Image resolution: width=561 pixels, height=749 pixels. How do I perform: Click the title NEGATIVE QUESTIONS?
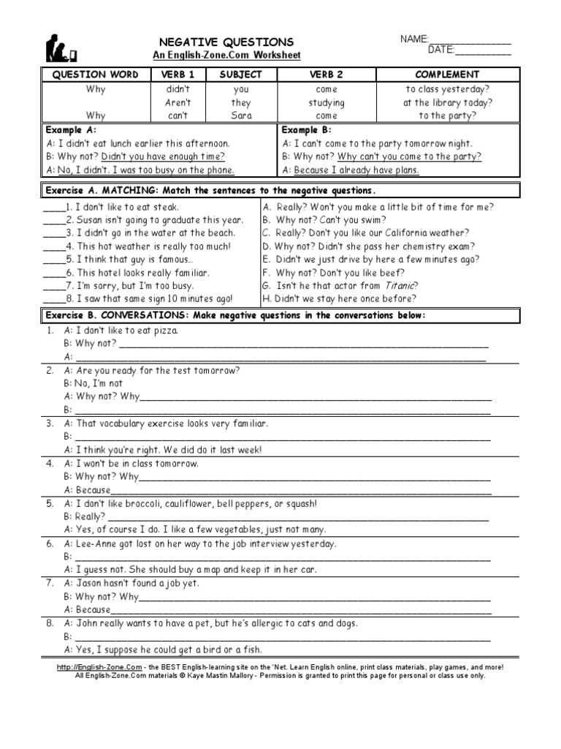click(226, 42)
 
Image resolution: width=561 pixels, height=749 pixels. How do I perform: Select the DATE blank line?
click(483, 52)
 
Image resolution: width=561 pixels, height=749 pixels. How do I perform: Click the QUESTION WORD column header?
click(95, 75)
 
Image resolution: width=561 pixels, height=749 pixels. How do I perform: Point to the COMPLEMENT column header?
click(447, 75)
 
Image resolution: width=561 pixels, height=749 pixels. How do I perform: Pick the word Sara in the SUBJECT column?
click(241, 116)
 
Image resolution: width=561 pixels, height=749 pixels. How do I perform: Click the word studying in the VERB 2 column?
click(326, 102)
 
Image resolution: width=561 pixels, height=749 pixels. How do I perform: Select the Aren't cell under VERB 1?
click(178, 102)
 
